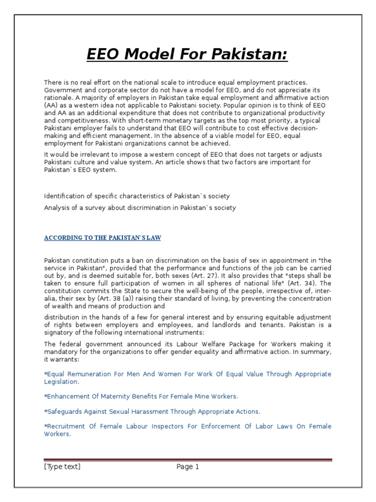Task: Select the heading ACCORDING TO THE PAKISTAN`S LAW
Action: coord(102,238)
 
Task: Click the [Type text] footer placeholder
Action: coord(62,467)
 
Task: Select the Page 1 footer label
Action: coord(188,467)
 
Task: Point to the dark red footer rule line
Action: coord(188,460)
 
